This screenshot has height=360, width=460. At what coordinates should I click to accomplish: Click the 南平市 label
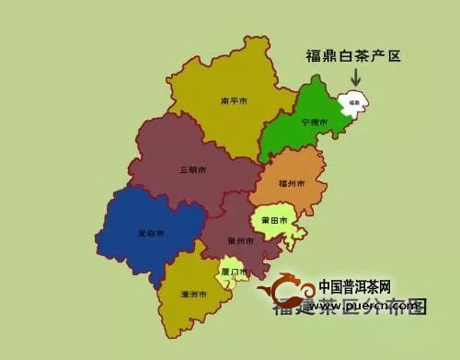(x=234, y=100)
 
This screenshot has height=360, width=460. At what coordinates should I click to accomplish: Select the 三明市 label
(x=193, y=169)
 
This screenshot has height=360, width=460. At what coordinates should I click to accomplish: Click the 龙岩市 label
(x=151, y=234)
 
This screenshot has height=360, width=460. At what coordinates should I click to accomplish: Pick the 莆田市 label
(x=273, y=221)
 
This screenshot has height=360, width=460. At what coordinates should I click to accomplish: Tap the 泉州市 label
(x=240, y=240)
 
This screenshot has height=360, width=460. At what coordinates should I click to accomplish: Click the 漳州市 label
(x=193, y=293)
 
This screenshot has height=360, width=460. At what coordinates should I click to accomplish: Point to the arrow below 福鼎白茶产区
(x=356, y=80)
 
